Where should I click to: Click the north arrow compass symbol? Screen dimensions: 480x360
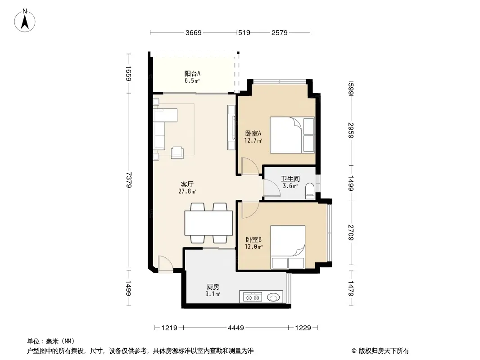[25, 20]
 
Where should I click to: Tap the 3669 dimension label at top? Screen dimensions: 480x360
[194, 32]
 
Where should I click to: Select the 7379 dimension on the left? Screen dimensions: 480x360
[129, 180]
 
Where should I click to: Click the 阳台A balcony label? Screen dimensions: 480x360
[192, 73]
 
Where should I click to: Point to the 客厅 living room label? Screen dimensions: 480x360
[187, 184]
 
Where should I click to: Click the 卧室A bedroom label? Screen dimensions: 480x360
[253, 133]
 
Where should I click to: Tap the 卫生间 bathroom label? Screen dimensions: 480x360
[290, 179]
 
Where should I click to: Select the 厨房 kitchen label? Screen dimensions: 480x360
[213, 287]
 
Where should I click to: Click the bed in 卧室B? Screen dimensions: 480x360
[288, 247]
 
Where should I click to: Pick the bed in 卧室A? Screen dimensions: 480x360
[292, 135]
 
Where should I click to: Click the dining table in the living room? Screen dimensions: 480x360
[208, 223]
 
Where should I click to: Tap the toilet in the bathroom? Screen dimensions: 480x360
[310, 191]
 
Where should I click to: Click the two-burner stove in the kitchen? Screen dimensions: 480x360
[253, 297]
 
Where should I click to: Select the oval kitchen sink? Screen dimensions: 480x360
[273, 297]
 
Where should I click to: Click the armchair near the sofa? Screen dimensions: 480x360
[177, 152]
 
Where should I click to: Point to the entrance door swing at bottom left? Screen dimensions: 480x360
[165, 263]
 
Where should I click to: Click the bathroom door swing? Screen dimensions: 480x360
[272, 188]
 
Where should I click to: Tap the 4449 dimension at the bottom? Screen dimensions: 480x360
[235, 328]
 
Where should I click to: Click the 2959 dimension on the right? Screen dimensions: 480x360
[351, 130]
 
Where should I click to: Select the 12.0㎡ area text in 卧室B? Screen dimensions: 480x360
[254, 247]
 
